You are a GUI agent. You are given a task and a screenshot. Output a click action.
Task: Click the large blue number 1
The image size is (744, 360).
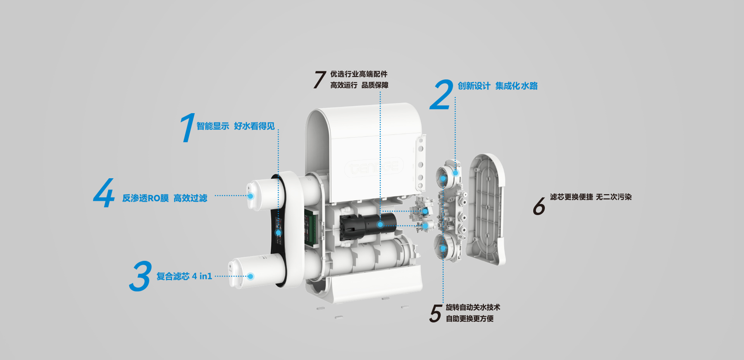pos(188,128)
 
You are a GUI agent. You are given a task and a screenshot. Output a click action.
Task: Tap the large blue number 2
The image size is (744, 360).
pos(442,95)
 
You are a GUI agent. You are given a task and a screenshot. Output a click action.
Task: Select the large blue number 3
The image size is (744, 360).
pos(140,276)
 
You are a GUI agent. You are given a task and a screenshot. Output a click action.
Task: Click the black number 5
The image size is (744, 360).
pos(436,313)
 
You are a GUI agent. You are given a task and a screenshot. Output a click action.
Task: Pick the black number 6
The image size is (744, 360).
pos(539,206)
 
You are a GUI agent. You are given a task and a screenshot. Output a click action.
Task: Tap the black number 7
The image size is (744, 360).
pos(320,79)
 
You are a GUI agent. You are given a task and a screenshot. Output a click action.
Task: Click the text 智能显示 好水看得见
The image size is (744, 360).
pos(236,126)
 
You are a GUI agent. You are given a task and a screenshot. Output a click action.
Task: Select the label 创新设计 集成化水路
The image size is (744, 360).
pos(498,86)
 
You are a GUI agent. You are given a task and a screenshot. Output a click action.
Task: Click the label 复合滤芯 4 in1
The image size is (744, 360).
pos(184,276)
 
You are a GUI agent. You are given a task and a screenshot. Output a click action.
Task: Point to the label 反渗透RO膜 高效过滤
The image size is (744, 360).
pos(165,198)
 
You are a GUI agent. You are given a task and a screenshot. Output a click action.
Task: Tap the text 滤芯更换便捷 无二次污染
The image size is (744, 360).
pos(591,197)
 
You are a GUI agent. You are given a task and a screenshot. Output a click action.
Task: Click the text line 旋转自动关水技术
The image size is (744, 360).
pos(473,307)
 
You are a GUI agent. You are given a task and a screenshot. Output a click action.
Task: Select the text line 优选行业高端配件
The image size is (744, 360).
pos(359,74)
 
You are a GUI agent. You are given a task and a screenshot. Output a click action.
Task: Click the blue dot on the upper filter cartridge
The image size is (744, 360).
pos(250,196)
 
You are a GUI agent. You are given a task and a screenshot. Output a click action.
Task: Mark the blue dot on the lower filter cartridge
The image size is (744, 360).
pos(250,276)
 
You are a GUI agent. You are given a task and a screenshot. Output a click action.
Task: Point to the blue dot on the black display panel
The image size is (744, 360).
pos(278,233)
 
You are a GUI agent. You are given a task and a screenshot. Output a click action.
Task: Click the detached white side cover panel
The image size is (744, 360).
pos(486,209)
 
